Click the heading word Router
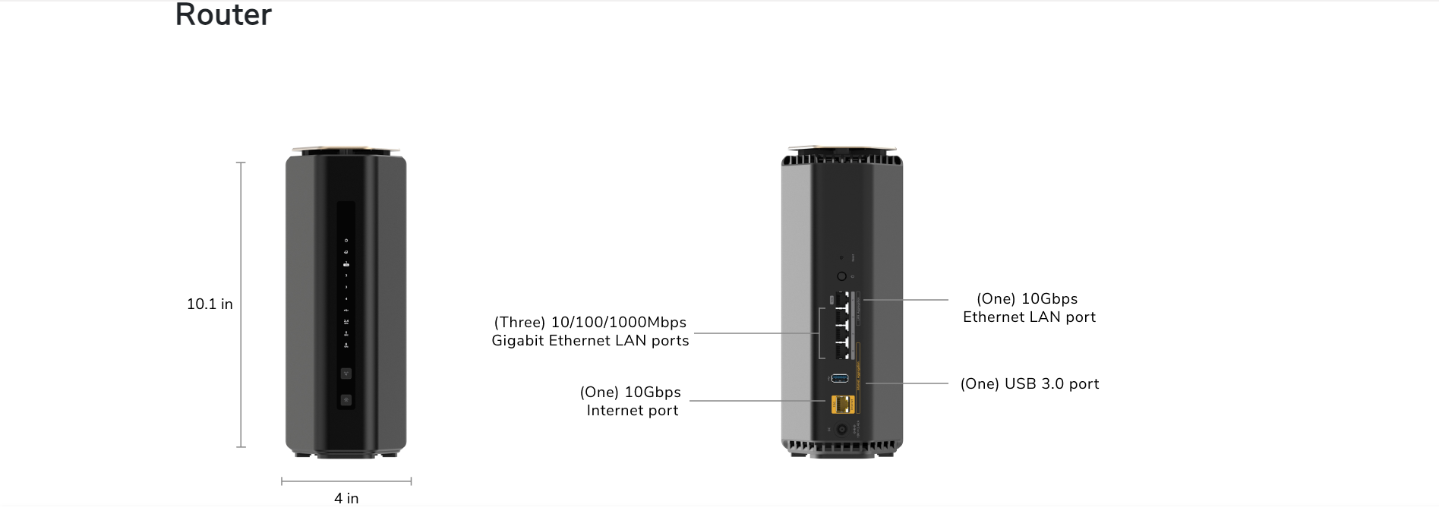[x=223, y=15]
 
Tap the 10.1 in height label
[x=210, y=304]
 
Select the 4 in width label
[x=346, y=498]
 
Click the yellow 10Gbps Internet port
[x=841, y=404]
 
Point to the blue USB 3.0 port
[x=840, y=378]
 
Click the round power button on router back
[x=841, y=276]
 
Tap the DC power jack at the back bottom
[x=841, y=430]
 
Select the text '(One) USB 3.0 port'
[x=1029, y=384]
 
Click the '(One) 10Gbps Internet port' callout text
[x=631, y=401]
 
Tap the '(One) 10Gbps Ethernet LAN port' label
[x=1029, y=308]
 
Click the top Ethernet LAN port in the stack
[x=842, y=299]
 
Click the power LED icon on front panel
[x=346, y=241]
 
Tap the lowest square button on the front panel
[x=346, y=399]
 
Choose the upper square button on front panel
[x=346, y=374]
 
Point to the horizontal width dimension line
[x=346, y=481]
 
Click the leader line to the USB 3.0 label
[x=907, y=383]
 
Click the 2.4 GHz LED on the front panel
[x=346, y=322]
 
